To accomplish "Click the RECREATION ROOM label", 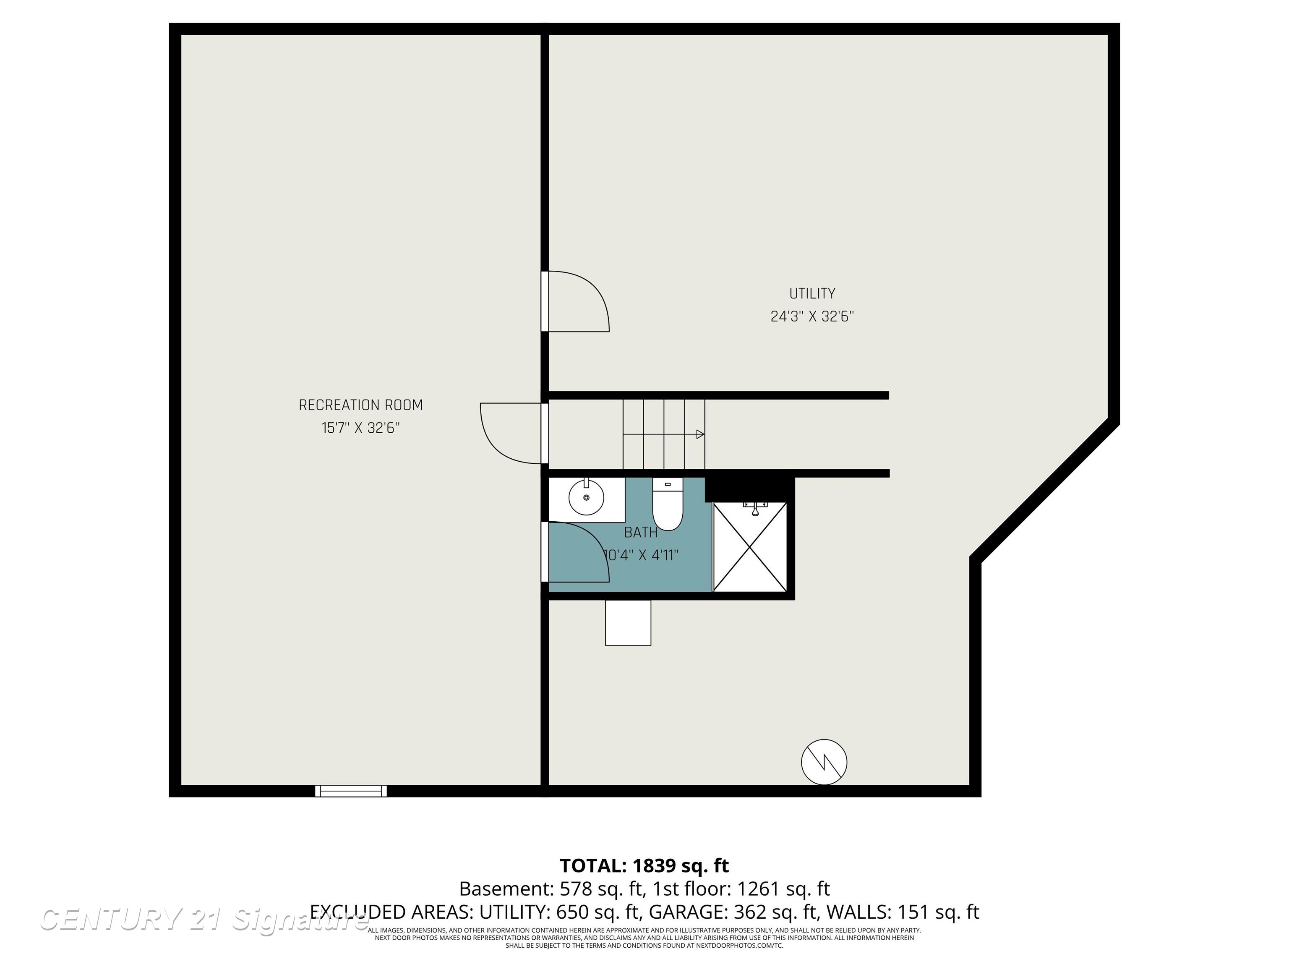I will [361, 405].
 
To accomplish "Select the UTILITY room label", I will [812, 293].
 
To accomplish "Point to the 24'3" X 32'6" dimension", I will [812, 316].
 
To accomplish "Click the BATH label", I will [640, 532].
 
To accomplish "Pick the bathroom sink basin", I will [586, 497].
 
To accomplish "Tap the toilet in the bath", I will [667, 506].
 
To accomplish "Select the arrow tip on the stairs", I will [700, 434].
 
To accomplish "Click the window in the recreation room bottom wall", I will [351, 791].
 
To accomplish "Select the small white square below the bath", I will [628, 622].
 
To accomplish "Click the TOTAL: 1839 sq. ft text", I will [644, 865].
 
